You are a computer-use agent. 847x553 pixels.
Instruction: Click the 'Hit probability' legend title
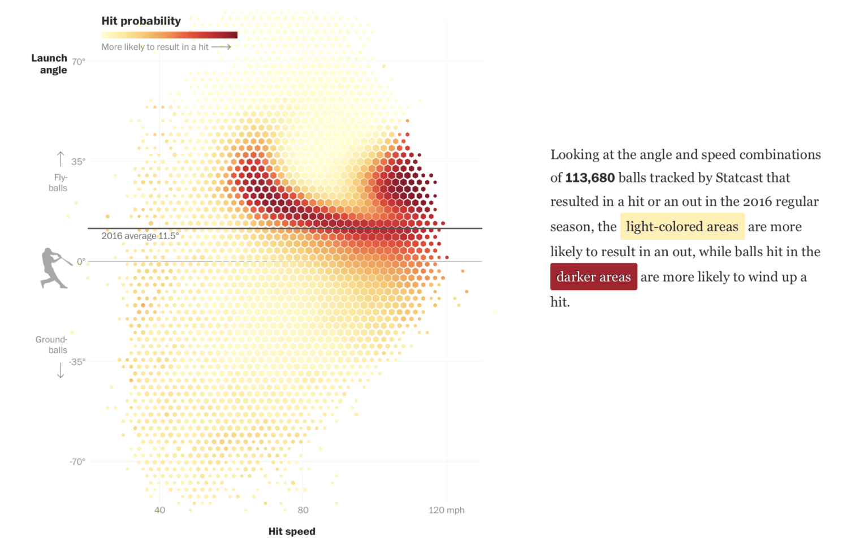(141, 21)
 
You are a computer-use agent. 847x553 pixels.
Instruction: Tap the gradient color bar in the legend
(169, 35)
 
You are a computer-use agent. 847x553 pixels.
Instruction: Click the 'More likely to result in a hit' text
(155, 47)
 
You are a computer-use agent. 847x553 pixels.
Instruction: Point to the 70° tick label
(79, 62)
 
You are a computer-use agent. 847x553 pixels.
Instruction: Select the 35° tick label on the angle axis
(79, 162)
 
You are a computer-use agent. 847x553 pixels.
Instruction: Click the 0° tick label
(81, 262)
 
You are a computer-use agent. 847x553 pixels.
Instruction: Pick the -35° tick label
(77, 361)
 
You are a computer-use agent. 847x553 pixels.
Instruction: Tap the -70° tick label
(77, 461)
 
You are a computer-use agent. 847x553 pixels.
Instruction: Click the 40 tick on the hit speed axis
(160, 510)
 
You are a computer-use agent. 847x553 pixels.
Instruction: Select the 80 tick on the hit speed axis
(303, 510)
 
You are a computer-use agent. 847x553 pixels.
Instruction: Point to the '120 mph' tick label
(446, 510)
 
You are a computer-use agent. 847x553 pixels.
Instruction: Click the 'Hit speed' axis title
(292, 532)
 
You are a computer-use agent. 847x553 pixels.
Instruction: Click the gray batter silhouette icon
(55, 268)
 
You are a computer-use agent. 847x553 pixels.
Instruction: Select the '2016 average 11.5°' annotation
(140, 236)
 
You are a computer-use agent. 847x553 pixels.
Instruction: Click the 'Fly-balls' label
(58, 183)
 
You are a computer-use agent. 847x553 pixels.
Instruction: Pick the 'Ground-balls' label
(52, 344)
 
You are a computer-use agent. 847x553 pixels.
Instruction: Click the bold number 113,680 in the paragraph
(590, 178)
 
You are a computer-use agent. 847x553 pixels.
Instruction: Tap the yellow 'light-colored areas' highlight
(682, 227)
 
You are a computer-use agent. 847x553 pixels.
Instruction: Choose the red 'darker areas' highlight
(593, 276)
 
